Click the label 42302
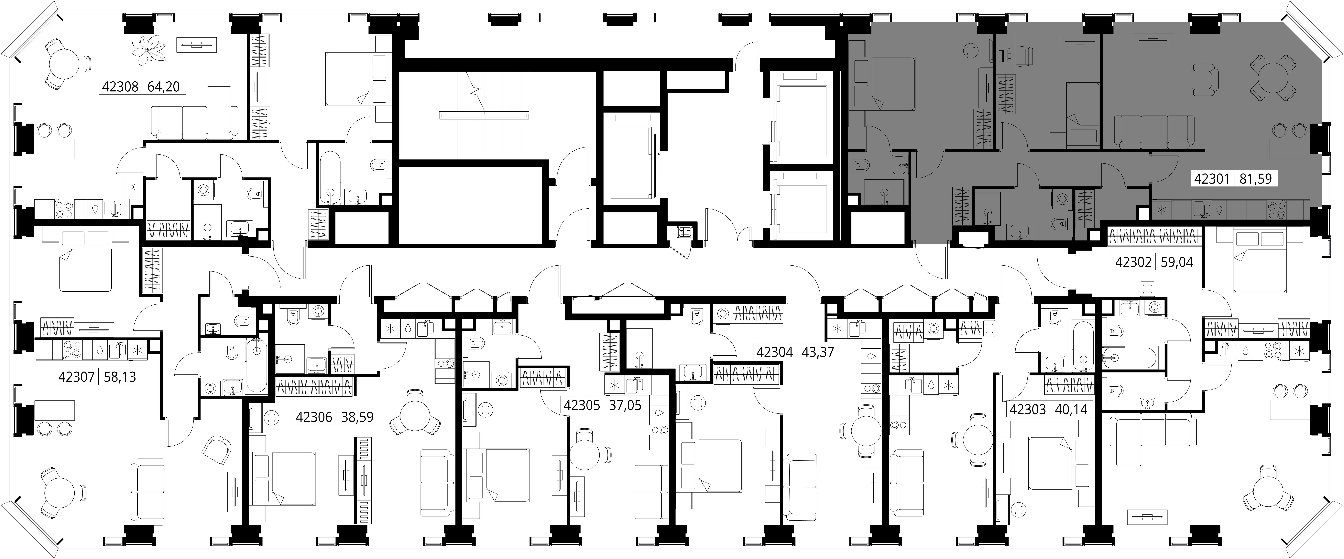pos(1133,262)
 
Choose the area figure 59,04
pos(1177,262)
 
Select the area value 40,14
pos(1071,409)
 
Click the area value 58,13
pos(119,376)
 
